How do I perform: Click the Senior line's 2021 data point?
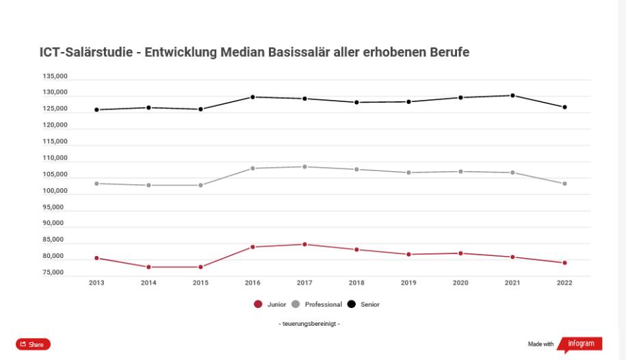tap(512, 95)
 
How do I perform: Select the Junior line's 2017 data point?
tap(304, 244)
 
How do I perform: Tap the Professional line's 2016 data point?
tap(252, 168)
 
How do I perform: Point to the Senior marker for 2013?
tap(96, 110)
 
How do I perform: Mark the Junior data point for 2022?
tap(564, 263)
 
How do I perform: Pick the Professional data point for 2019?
tap(408, 172)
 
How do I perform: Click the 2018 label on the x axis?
tap(356, 283)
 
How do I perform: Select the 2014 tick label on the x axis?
tap(148, 283)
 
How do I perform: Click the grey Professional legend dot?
tap(296, 304)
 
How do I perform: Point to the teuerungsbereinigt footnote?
tap(310, 324)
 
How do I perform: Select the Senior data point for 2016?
tap(252, 97)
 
